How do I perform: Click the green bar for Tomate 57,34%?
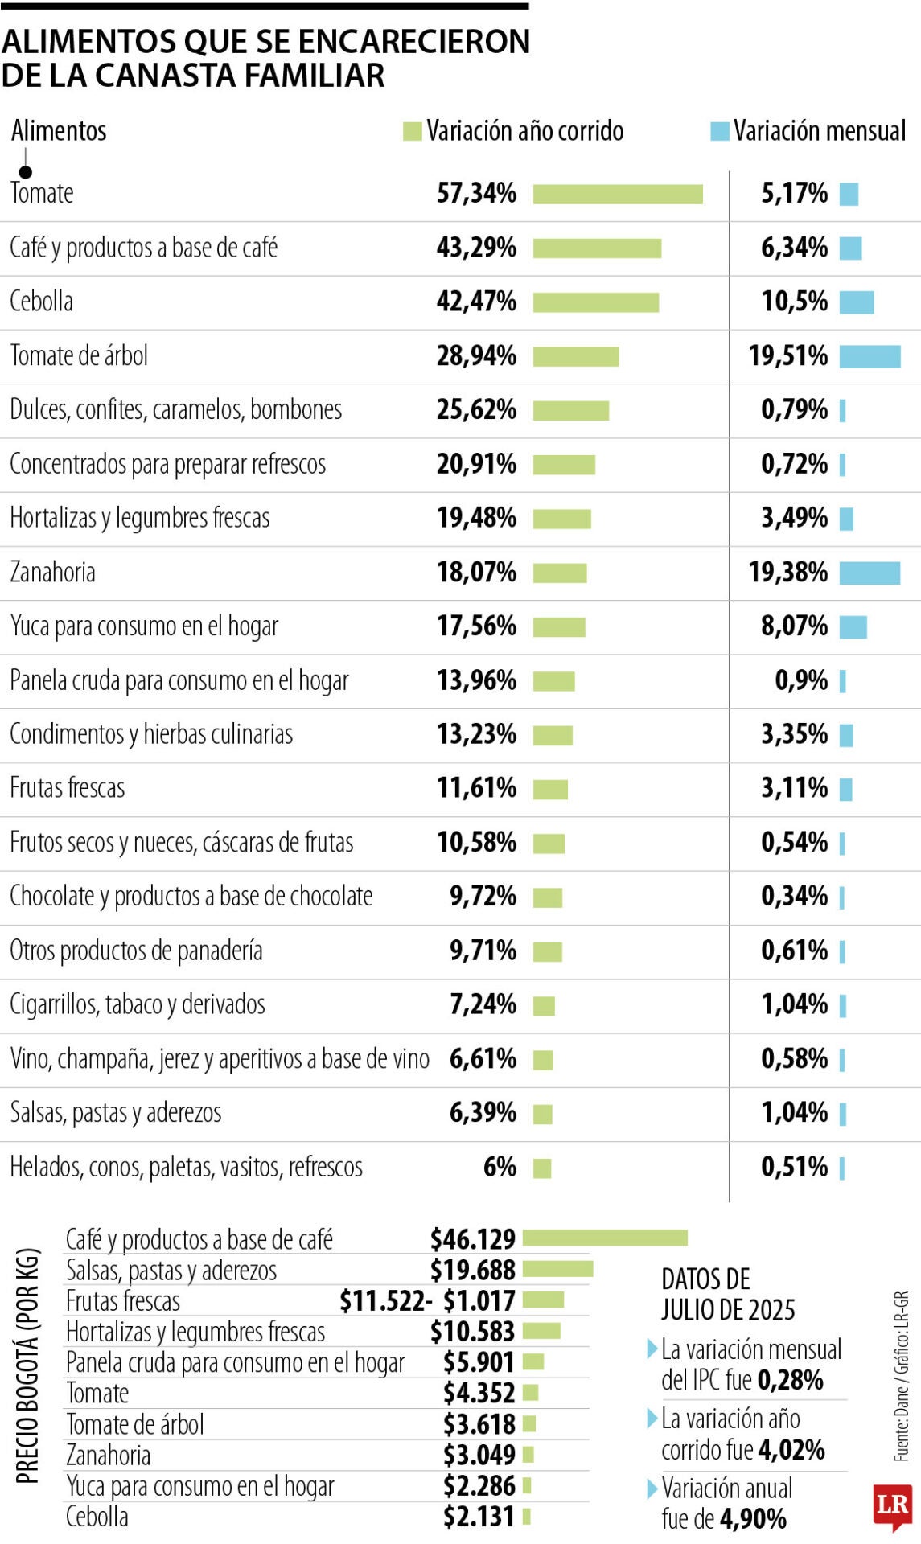[617, 195]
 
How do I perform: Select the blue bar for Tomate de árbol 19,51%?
[870, 356]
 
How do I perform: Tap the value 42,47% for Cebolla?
[476, 302]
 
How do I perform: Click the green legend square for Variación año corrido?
[412, 131]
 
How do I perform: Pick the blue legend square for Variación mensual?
[719, 131]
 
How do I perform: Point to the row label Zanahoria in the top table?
[53, 573]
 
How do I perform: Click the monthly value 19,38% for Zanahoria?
[787, 573]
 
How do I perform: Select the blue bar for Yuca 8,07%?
[853, 626]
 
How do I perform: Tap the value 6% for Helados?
[500, 1167]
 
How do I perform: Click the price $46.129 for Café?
[472, 1239]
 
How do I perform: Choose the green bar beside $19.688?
[557, 1270]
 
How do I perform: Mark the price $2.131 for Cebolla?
[479, 1517]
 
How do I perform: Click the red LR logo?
[892, 1505]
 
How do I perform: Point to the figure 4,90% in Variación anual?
[753, 1519]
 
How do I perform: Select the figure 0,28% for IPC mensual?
[790, 1381]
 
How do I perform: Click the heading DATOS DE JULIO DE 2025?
[727, 1294]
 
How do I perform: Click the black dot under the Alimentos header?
[26, 172]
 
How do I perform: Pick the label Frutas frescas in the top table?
[68, 788]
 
